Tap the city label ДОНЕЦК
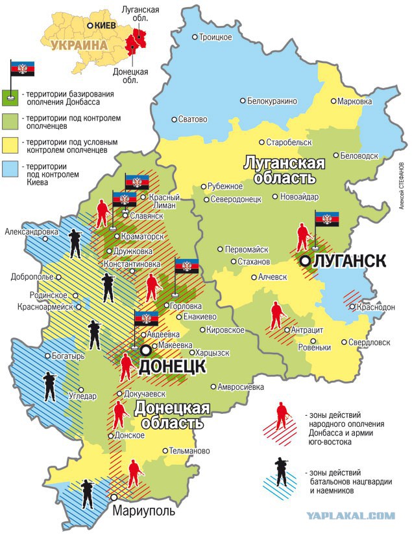point(172,367)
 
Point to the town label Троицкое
point(215,38)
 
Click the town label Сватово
point(193,119)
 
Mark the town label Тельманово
point(188,450)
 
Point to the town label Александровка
point(30,231)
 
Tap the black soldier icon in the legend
point(282,472)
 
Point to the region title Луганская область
point(283,170)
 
